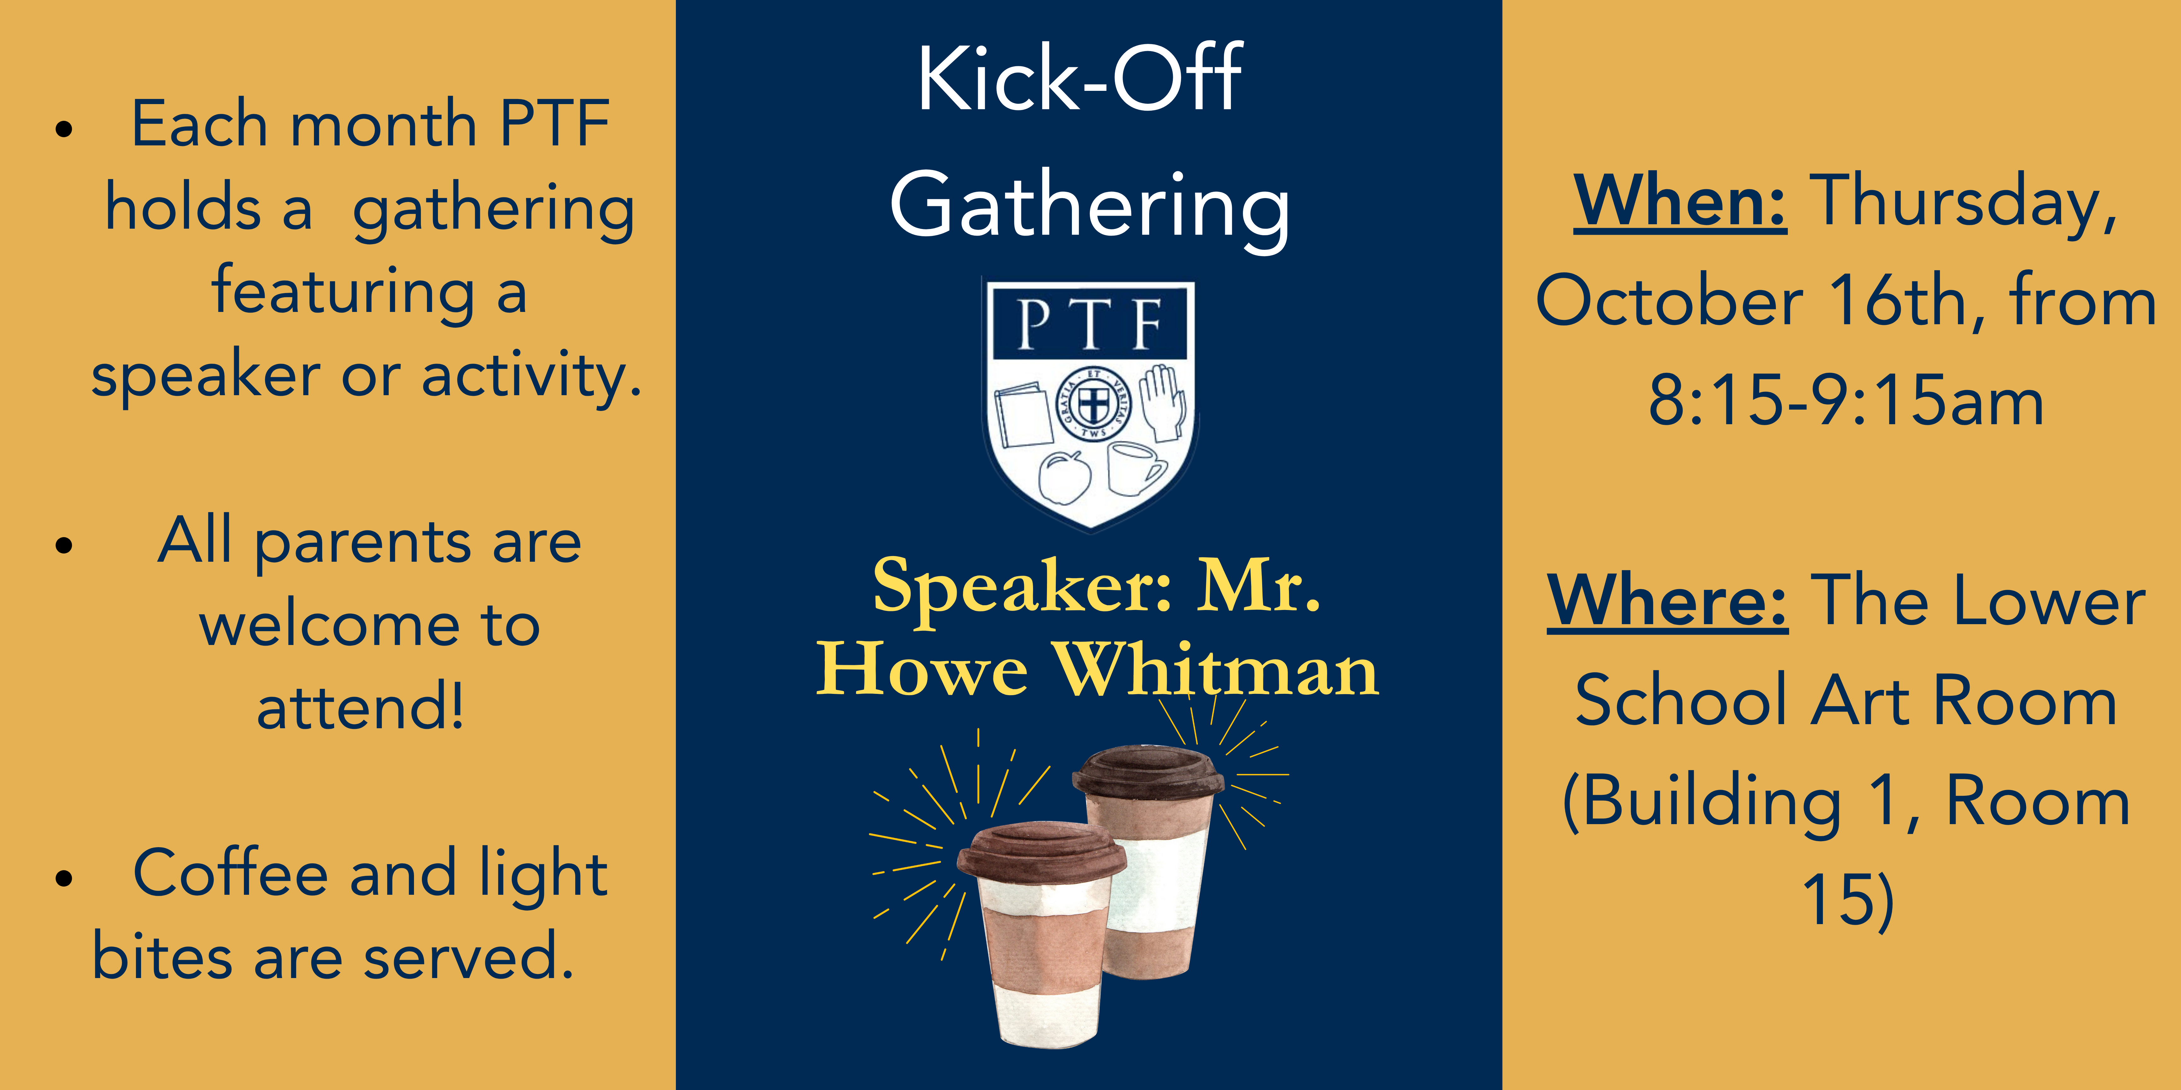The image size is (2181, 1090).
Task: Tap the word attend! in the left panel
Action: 361,706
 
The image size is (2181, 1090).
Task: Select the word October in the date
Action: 1670,301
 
